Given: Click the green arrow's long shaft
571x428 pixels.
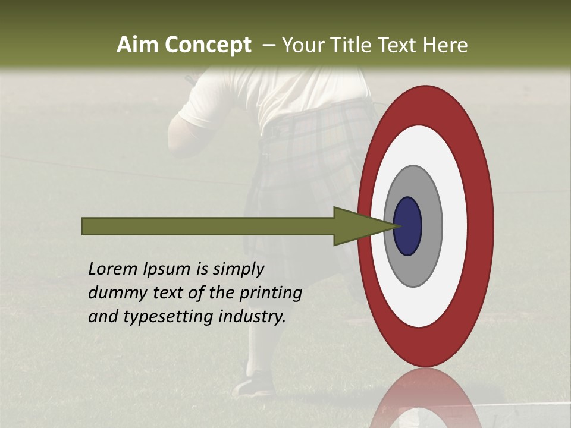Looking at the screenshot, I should [208, 226].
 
